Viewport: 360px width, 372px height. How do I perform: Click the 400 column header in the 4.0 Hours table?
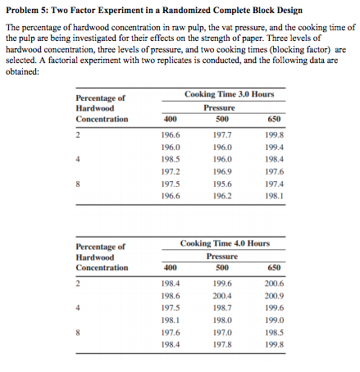point(171,267)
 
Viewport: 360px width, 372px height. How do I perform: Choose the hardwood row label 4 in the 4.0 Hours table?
point(77,308)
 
